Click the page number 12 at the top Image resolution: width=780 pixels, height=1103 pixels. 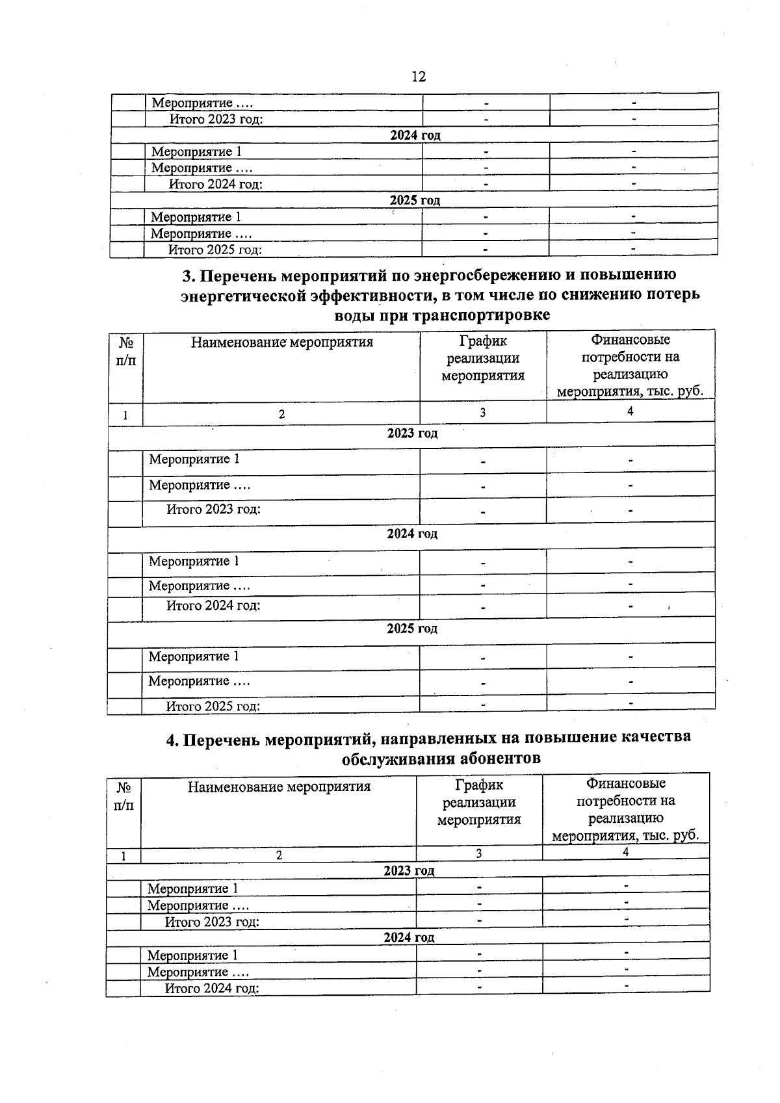(419, 77)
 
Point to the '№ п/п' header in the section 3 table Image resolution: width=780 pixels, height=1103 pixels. (125, 352)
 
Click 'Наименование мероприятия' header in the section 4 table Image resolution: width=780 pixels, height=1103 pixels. (279, 787)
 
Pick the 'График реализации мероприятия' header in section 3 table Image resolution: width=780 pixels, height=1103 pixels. (482, 358)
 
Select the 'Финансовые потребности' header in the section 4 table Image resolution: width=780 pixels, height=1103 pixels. (625, 809)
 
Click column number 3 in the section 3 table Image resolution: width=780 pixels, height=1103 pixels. (482, 412)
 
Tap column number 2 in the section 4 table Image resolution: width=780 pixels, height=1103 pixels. (279, 856)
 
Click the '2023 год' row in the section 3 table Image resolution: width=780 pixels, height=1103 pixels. (412, 434)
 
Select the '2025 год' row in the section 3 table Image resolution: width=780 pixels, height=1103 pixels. (412, 629)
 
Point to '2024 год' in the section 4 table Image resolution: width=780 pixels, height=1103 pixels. (409, 937)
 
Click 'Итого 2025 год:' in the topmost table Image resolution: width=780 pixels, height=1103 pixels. (215, 250)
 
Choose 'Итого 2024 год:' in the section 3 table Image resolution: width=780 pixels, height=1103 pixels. (213, 606)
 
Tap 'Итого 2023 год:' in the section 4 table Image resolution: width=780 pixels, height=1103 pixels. (212, 922)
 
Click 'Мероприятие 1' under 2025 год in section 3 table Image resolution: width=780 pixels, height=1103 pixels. (194, 656)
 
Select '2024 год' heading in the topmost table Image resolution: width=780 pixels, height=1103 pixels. (415, 135)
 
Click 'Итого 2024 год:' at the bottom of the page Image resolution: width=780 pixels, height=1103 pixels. (212, 989)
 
